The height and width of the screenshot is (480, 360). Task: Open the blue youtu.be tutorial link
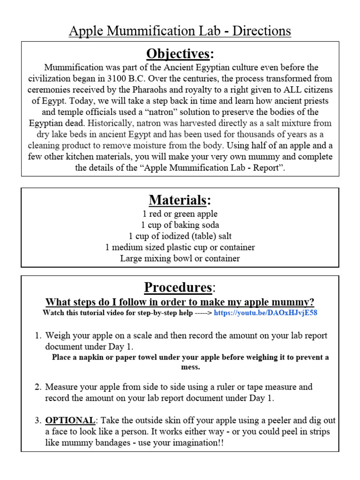[x=265, y=313]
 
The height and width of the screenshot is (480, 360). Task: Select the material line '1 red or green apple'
[x=180, y=214]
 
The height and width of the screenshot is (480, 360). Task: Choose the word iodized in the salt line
[x=171, y=236]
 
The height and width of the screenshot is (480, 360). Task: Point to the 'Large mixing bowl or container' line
[x=180, y=258]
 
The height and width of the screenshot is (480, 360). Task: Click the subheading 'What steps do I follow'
[x=180, y=301]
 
